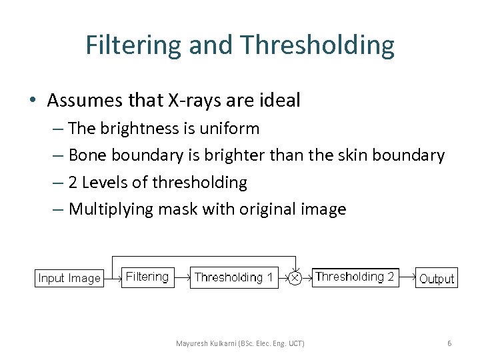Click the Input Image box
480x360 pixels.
(69, 278)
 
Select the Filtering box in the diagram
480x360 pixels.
(147, 277)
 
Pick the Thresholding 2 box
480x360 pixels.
(355, 277)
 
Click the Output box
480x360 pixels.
(437, 279)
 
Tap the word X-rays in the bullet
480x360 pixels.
(191, 101)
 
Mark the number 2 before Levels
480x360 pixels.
(73, 182)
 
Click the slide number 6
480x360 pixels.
(449, 343)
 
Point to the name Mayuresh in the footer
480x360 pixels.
(191, 343)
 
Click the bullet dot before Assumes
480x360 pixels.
(32, 101)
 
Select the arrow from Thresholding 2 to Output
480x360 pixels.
(407, 277)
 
